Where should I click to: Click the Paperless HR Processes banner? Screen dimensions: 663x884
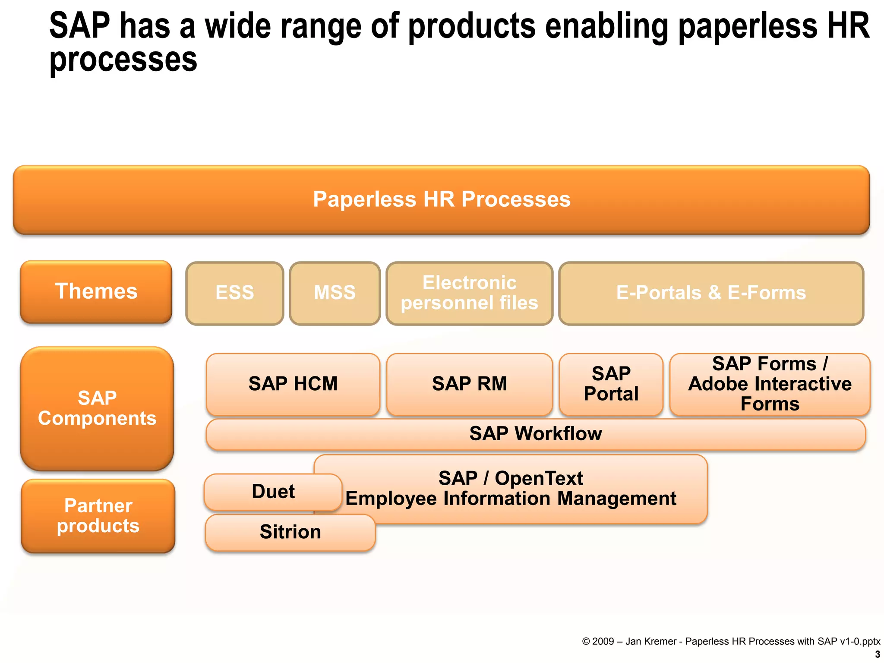point(441,200)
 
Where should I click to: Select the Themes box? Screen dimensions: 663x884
point(96,292)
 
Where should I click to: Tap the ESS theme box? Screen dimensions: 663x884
point(234,293)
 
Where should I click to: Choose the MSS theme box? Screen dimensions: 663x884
point(335,293)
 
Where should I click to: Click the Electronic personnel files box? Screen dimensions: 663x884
point(469,293)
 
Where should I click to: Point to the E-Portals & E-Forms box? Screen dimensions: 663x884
point(711,293)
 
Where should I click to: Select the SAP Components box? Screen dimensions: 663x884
point(97,408)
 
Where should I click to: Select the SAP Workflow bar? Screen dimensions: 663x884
point(535,434)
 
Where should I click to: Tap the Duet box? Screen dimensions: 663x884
point(273,492)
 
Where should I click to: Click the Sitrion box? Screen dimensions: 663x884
point(290,532)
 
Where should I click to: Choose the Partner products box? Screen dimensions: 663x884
point(98,516)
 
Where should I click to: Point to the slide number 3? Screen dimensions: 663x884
point(877,654)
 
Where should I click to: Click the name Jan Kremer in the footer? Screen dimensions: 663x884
point(650,641)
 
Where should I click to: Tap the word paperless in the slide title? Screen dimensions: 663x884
point(748,27)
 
